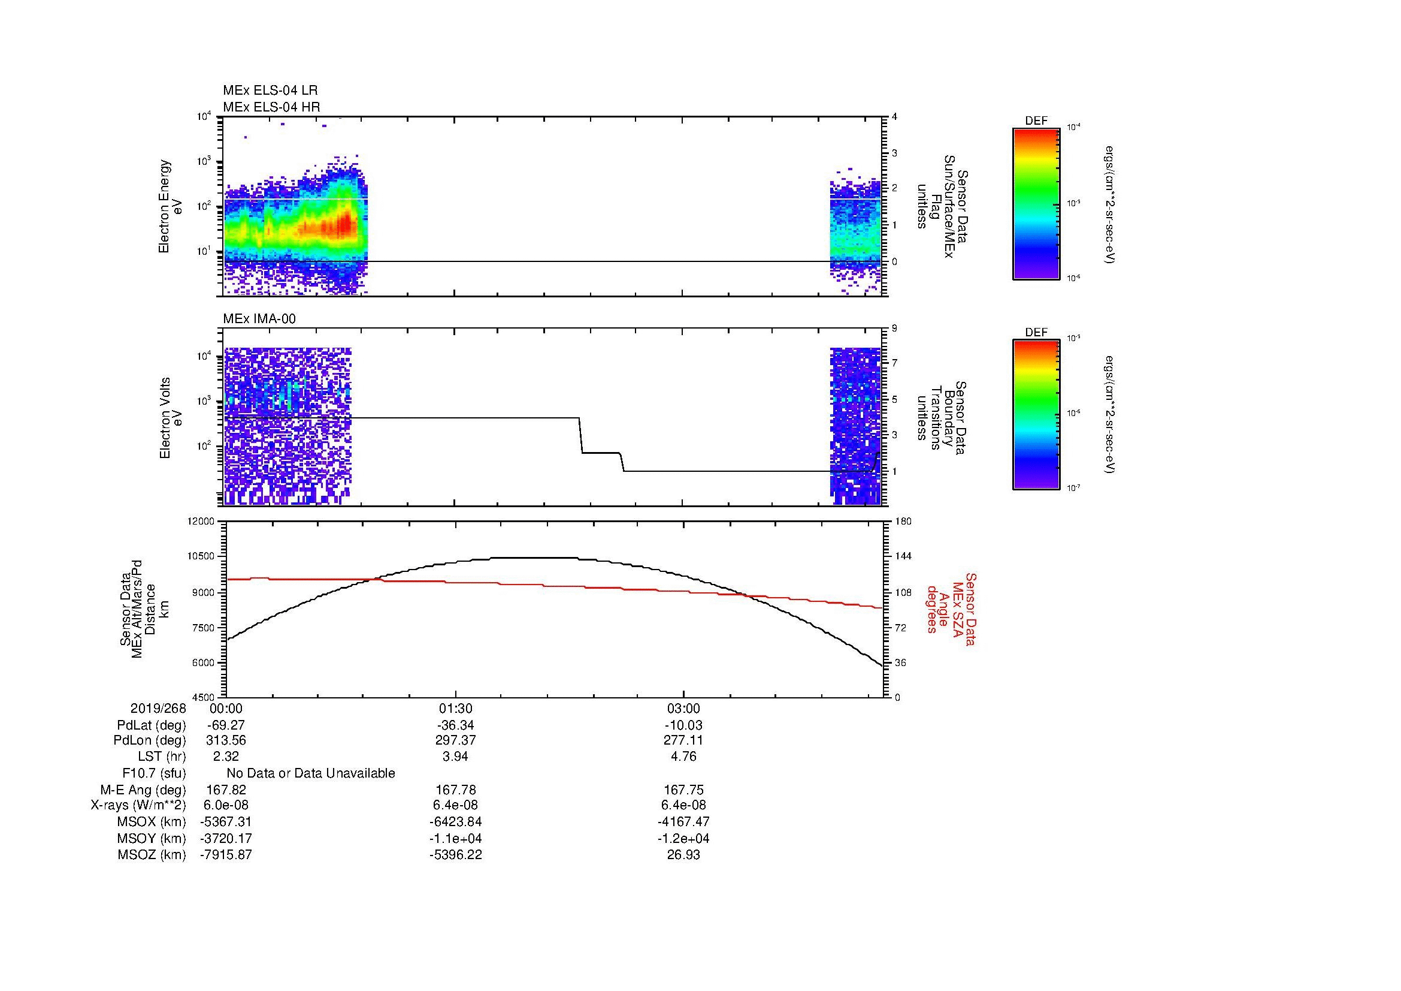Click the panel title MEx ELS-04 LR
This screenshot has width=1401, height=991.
pyautogui.click(x=270, y=91)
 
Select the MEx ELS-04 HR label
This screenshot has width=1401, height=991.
pyautogui.click(x=271, y=107)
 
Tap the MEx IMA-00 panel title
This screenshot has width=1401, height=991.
pyautogui.click(x=259, y=319)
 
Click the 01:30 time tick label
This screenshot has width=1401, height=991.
pyautogui.click(x=455, y=709)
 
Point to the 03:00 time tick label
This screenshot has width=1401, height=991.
pyautogui.click(x=683, y=709)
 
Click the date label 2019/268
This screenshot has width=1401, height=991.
pyautogui.click(x=158, y=709)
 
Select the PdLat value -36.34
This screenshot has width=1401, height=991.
pyautogui.click(x=455, y=725)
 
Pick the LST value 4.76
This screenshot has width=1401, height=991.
pyautogui.click(x=683, y=757)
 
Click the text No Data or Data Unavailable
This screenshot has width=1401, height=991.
pyautogui.click(x=311, y=773)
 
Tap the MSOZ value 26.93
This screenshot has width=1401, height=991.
pyautogui.click(x=683, y=855)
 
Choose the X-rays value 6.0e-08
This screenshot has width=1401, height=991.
pyautogui.click(x=226, y=805)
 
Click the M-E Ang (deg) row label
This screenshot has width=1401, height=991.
pyautogui.click(x=143, y=790)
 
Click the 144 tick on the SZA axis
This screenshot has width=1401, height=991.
pyautogui.click(x=903, y=556)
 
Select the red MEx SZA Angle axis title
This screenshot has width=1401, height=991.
pyautogui.click(x=951, y=609)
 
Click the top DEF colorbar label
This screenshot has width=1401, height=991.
pyautogui.click(x=1036, y=121)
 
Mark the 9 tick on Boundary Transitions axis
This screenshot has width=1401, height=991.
pyautogui.click(x=894, y=329)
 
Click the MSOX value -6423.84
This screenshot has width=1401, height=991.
pyautogui.click(x=455, y=822)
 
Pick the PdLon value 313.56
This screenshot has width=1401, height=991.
pyautogui.click(x=226, y=740)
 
